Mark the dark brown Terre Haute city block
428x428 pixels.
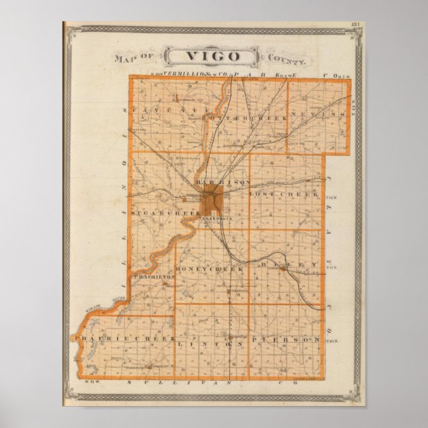(x=213, y=197)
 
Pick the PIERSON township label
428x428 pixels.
(x=286, y=340)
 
